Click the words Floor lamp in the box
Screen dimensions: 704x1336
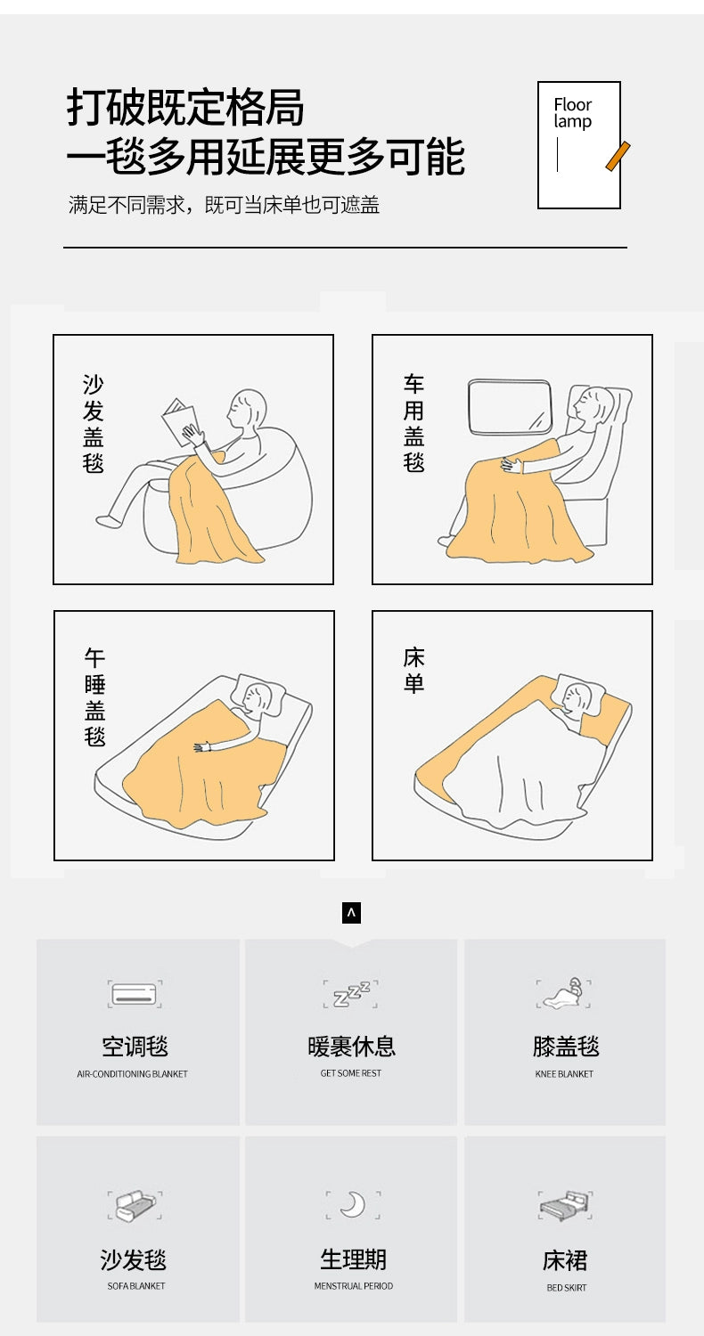[x=572, y=113]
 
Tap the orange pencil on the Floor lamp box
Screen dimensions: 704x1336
[x=618, y=156]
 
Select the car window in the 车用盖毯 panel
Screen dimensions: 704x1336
[x=510, y=407]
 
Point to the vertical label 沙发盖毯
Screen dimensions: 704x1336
[x=93, y=423]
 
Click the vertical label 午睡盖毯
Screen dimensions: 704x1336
[x=94, y=697]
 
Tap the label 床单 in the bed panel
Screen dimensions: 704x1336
[x=413, y=670]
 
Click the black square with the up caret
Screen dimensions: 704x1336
[x=351, y=913]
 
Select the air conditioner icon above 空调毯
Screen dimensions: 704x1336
[x=135, y=994]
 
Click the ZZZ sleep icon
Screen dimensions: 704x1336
[x=351, y=994]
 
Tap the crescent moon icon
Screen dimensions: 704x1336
[x=353, y=1205]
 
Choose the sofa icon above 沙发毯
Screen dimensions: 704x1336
[x=135, y=1205]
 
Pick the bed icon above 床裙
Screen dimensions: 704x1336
[x=565, y=1205]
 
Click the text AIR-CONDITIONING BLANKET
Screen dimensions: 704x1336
[x=133, y=1074]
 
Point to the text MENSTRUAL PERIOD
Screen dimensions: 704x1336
[x=354, y=1286]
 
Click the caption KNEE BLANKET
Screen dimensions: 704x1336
[x=564, y=1074]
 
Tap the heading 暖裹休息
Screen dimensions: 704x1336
[x=351, y=1047]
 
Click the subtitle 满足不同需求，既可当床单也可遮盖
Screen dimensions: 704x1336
[x=224, y=205]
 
